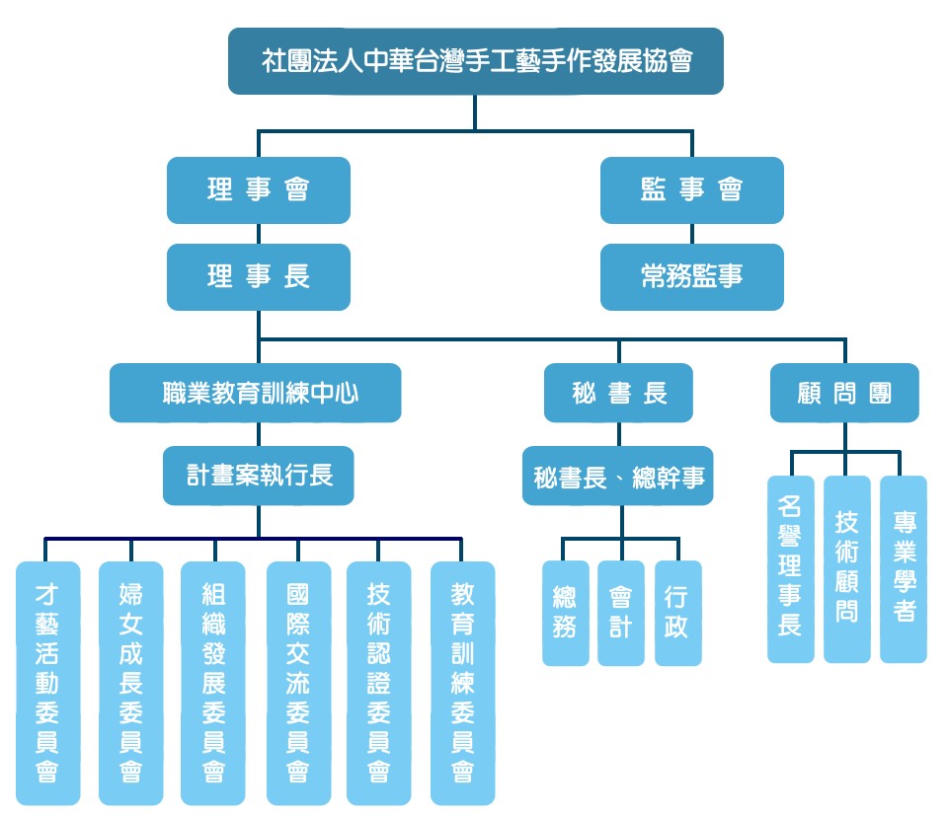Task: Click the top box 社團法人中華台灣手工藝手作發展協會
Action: (475, 61)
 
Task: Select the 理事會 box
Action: (259, 189)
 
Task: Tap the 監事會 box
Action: (691, 189)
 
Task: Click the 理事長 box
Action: (259, 276)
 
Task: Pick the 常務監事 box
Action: (691, 276)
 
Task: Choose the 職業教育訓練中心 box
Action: (256, 393)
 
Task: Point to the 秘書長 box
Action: (619, 393)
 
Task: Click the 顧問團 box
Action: (845, 393)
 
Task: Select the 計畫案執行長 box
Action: (259, 476)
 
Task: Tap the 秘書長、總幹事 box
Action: (619, 478)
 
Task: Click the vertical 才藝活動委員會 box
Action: (47, 683)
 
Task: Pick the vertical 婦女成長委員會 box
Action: (130, 683)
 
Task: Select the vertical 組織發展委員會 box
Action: (212, 683)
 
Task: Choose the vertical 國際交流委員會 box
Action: (298, 683)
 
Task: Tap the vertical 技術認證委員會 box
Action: (378, 683)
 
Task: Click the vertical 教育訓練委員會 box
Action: (462, 683)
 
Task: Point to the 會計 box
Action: (620, 613)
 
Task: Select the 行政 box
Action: (677, 613)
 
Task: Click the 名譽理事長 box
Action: (790, 569)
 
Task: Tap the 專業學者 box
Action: (904, 569)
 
